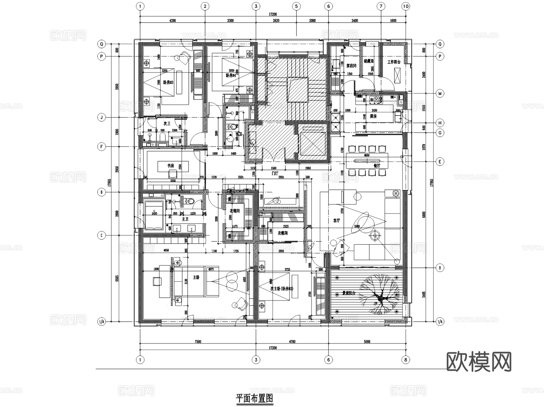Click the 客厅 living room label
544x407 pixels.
(x=336, y=221)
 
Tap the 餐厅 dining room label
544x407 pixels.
(x=377, y=166)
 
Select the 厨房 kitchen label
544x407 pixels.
(x=374, y=116)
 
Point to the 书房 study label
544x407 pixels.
(x=171, y=166)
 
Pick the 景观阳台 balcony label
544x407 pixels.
(x=348, y=293)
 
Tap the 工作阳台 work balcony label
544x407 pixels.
(x=394, y=62)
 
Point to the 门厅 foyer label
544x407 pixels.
(x=274, y=173)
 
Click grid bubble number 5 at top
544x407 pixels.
(x=296, y=6)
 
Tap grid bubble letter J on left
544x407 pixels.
(x=102, y=118)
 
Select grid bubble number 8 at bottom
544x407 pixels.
(x=406, y=360)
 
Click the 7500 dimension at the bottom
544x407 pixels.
(x=198, y=342)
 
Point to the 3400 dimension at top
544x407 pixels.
(x=355, y=21)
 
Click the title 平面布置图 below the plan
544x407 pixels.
(x=254, y=399)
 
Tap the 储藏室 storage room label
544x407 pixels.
(x=369, y=61)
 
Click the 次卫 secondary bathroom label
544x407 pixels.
(x=167, y=124)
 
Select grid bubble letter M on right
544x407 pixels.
(x=440, y=94)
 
